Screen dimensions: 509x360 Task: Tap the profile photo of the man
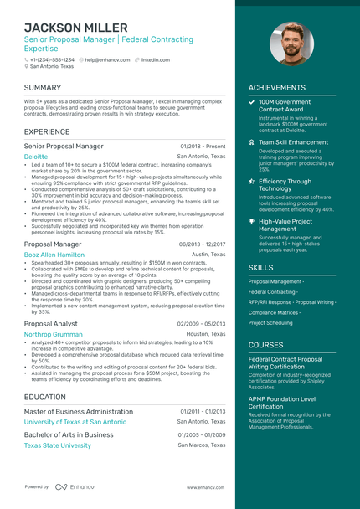click(x=291, y=44)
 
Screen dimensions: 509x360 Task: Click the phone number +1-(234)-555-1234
click(x=52, y=60)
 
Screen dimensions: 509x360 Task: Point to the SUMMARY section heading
click(x=43, y=87)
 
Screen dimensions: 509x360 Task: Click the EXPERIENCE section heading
click(x=47, y=131)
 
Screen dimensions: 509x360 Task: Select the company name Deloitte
click(x=36, y=157)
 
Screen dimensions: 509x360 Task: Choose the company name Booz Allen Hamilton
click(x=54, y=254)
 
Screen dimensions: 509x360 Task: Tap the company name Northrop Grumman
click(x=54, y=333)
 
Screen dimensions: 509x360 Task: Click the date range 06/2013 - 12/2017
click(x=202, y=244)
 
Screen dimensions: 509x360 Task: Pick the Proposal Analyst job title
click(x=51, y=323)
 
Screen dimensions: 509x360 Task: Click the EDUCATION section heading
click(x=45, y=397)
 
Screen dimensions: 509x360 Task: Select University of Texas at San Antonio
click(x=75, y=422)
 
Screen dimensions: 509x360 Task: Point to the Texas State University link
click(x=58, y=445)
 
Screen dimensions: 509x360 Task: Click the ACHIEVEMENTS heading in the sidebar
click(x=277, y=87)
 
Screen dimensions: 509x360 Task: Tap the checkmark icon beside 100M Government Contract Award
click(x=252, y=102)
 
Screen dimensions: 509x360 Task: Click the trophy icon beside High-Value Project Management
click(x=252, y=221)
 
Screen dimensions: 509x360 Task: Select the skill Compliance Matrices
click(x=274, y=312)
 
